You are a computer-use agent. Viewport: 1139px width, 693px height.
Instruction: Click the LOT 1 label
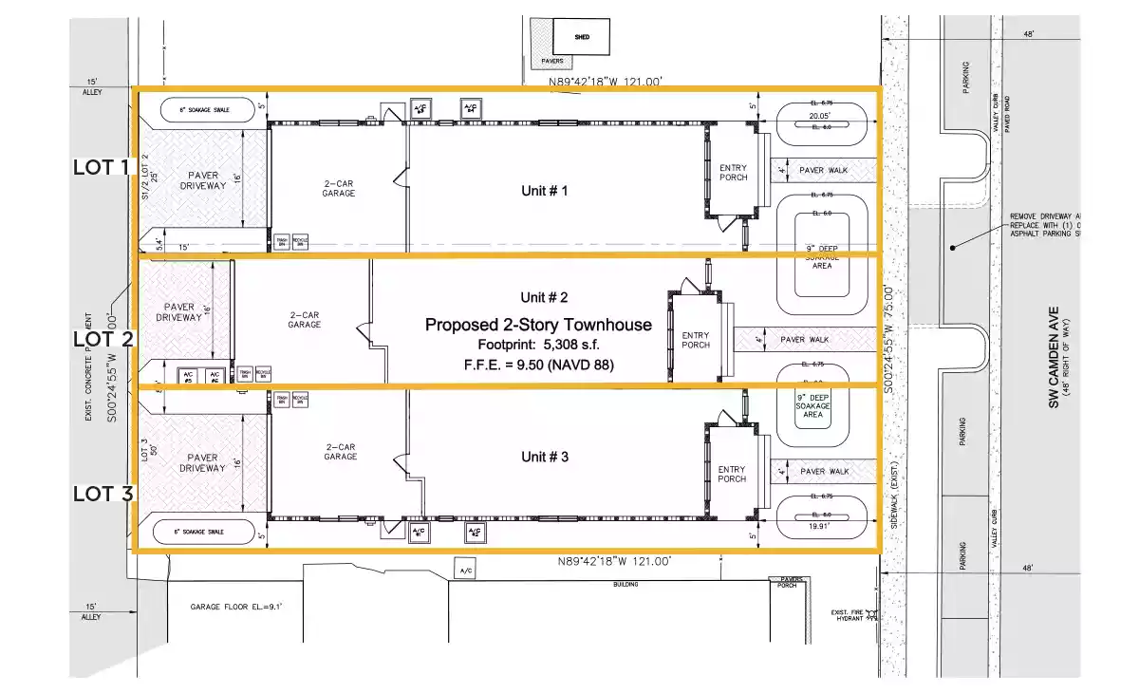click(101, 167)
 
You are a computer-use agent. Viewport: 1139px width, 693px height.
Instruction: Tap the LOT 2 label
click(101, 338)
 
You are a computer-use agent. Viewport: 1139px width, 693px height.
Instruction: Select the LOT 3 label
click(101, 493)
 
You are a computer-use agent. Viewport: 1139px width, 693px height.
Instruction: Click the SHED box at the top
click(582, 37)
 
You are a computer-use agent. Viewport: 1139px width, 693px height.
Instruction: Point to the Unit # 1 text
click(545, 191)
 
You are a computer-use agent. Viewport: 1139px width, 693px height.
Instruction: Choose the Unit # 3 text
click(545, 457)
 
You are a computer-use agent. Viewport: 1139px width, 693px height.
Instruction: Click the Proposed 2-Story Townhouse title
click(538, 325)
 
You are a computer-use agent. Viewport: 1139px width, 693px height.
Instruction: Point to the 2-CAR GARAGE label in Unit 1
click(339, 188)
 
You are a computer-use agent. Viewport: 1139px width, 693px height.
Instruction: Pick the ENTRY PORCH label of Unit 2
click(696, 339)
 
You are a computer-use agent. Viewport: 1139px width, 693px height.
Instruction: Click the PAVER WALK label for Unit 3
click(825, 471)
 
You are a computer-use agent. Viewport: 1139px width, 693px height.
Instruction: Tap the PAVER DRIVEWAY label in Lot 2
click(179, 311)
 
